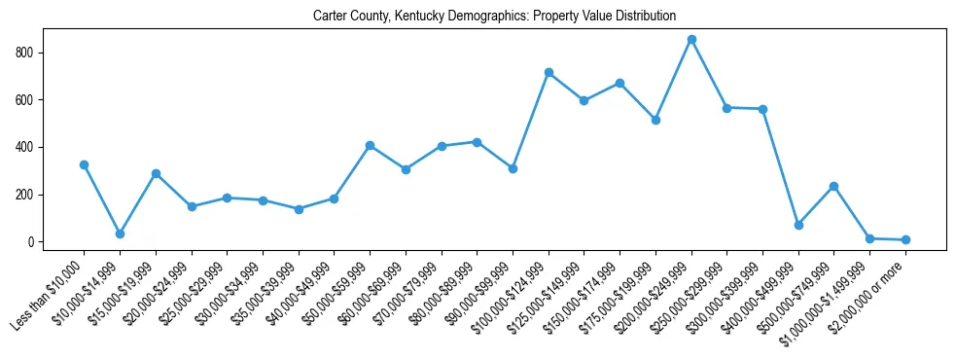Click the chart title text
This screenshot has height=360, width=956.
pos(494,17)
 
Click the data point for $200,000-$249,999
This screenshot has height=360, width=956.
pos(691,40)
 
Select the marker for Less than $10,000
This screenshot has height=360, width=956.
pos(85,165)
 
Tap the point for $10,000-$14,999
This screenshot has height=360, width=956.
pos(120,234)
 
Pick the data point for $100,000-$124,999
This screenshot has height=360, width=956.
pos(549,73)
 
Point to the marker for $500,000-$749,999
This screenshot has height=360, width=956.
pos(834,187)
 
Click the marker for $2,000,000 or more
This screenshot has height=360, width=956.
pos(905,239)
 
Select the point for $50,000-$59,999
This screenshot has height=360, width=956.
pos(370,146)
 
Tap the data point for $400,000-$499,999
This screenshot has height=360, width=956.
pos(798,225)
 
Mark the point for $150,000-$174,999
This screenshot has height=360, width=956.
pos(620,84)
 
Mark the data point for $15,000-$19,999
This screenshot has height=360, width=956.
pos(156,174)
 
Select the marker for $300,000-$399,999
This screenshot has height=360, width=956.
pos(762,109)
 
